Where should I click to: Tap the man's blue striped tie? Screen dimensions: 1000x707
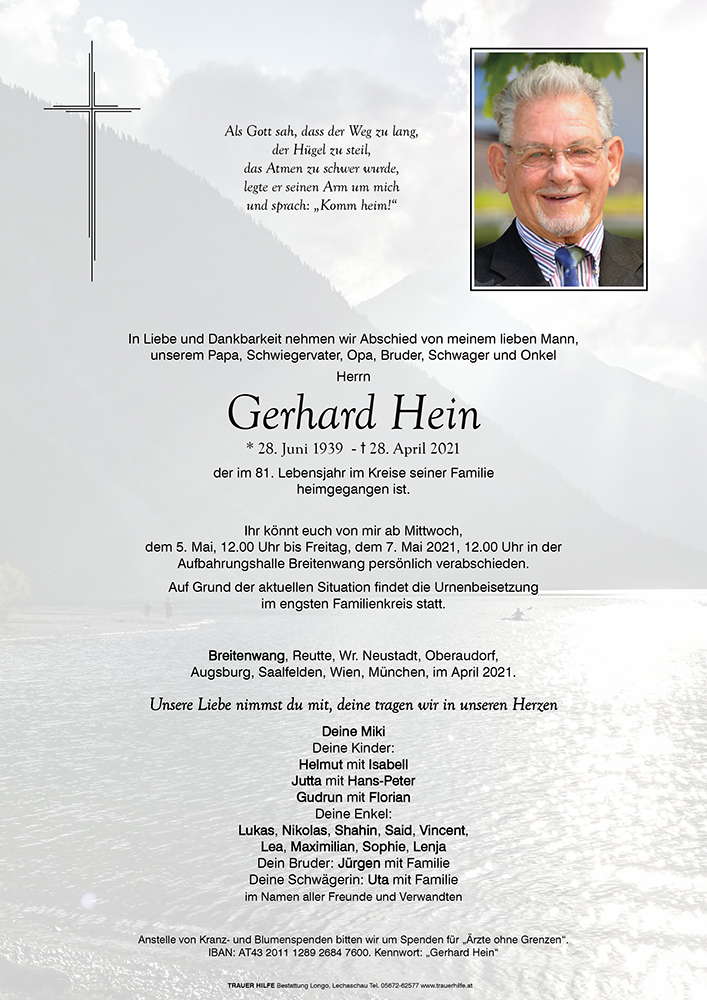pyautogui.click(x=569, y=266)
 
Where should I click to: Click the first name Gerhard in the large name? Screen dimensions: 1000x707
pyautogui.click(x=301, y=414)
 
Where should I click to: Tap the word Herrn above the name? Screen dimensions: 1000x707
pyautogui.click(x=353, y=376)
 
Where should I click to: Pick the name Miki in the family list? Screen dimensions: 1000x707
pyautogui.click(x=367, y=731)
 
